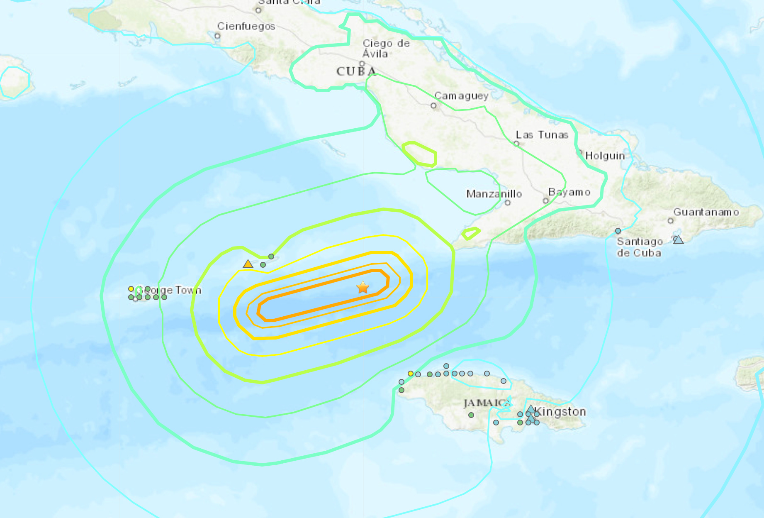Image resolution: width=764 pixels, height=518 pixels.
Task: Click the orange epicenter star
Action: tap(363, 287)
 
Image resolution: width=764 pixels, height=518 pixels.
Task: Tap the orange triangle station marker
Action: tap(248, 264)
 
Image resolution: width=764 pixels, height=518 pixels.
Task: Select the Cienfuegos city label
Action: tap(246, 26)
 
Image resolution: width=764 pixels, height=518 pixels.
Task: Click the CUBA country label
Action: tap(356, 71)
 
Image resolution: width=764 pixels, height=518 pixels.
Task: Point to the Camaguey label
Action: tap(461, 96)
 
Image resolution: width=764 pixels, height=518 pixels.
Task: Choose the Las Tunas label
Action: tap(542, 135)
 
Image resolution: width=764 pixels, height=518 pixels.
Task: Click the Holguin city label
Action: tap(605, 156)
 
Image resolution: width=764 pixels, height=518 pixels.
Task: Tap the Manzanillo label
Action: tap(494, 194)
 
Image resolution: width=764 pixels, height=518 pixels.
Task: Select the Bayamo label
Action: tap(569, 192)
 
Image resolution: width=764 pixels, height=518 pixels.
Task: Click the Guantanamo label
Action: tap(706, 212)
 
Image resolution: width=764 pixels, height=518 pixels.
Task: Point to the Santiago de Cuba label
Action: tap(639, 247)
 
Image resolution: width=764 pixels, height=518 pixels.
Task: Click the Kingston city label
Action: tap(561, 412)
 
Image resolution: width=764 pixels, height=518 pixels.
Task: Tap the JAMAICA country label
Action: tap(486, 403)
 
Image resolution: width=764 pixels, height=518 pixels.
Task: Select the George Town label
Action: tap(169, 290)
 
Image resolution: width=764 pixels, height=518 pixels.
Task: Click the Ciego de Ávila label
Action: tap(386, 49)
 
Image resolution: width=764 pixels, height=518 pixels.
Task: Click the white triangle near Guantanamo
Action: tap(678, 239)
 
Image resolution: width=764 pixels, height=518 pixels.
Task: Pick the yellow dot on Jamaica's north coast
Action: tap(411, 374)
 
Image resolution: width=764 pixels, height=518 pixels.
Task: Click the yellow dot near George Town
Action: tap(131, 289)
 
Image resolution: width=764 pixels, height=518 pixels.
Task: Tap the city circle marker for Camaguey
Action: tap(433, 106)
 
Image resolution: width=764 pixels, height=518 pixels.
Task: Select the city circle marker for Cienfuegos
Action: tap(217, 36)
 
